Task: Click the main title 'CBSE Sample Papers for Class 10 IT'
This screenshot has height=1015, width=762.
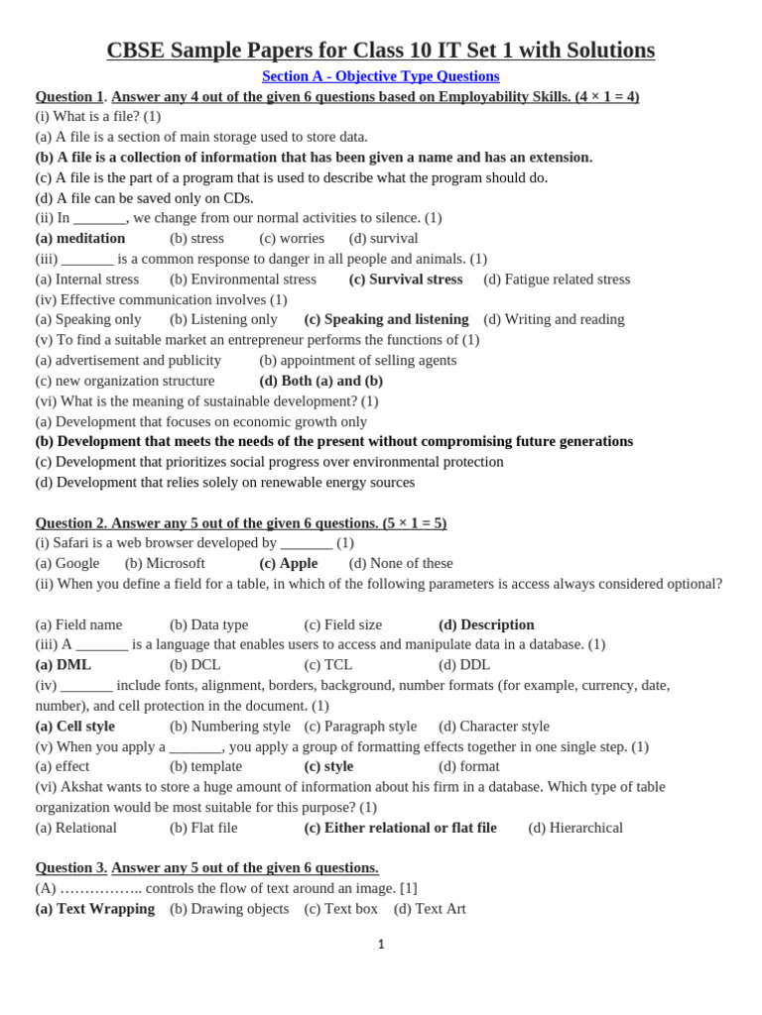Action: click(380, 50)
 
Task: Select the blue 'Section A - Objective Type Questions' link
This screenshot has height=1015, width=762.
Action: click(380, 76)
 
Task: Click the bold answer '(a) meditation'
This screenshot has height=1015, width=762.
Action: click(80, 238)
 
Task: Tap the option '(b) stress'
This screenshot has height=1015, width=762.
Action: click(196, 238)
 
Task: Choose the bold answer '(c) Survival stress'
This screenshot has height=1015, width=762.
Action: click(405, 280)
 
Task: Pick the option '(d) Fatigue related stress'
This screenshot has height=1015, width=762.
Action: click(557, 280)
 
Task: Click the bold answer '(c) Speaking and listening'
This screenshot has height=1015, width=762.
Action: click(386, 319)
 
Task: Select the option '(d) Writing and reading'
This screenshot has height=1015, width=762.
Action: click(554, 319)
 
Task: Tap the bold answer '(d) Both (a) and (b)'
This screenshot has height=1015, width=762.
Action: click(320, 381)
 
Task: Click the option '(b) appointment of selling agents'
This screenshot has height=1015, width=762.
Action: click(357, 360)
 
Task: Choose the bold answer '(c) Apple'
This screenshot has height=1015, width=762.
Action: click(288, 563)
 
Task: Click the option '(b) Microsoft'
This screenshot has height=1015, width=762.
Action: click(165, 563)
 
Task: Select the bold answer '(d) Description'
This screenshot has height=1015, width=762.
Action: click(486, 624)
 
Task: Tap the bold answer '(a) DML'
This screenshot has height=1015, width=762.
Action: click(63, 665)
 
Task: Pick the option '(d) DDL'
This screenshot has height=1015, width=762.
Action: click(464, 665)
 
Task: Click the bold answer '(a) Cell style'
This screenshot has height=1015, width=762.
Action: click(74, 727)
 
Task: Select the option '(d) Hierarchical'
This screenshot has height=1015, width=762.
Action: click(575, 828)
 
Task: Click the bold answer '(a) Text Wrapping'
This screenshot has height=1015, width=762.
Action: click(95, 909)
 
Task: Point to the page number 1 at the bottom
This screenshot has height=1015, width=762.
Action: click(381, 945)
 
